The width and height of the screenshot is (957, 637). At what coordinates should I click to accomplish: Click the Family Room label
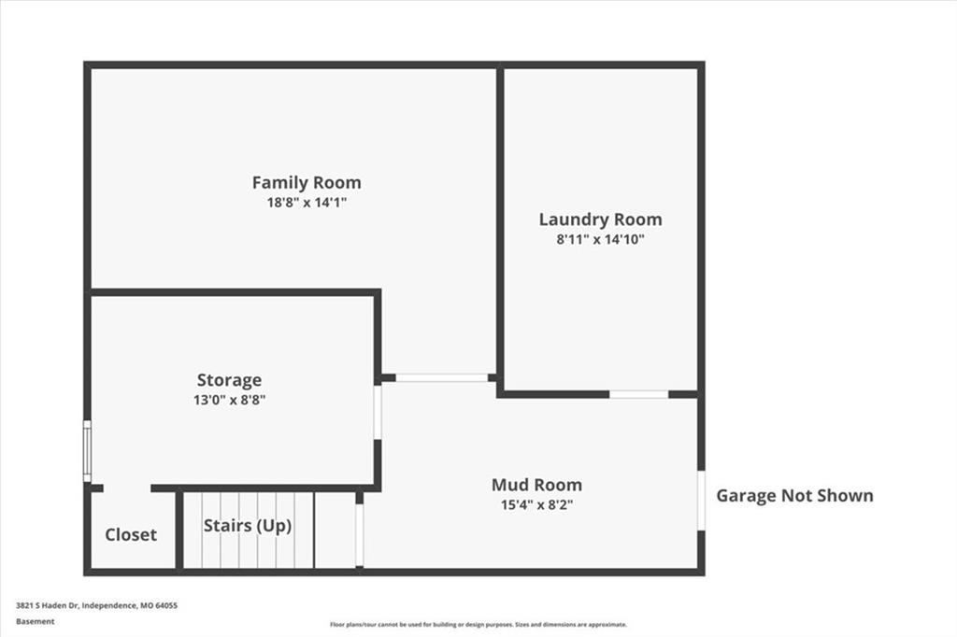pos(307,182)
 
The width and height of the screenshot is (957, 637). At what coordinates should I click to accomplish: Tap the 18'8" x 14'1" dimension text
pos(307,202)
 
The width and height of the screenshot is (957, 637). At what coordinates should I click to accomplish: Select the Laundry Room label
pos(601,219)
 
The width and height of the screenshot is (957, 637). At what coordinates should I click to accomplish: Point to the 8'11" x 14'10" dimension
pos(601,239)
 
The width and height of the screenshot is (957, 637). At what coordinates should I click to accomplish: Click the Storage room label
pos(230,380)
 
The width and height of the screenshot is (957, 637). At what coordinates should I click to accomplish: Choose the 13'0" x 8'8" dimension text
pos(230,400)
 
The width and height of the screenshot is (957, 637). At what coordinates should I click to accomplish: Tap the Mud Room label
pos(537,485)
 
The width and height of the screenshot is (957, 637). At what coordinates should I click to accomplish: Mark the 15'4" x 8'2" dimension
pos(537,504)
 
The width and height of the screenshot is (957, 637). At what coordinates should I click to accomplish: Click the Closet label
pos(131,535)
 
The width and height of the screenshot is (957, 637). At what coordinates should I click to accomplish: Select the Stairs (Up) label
pos(248,526)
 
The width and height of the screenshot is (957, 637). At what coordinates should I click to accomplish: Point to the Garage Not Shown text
pos(794,495)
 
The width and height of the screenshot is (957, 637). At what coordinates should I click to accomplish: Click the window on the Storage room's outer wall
pos(87,451)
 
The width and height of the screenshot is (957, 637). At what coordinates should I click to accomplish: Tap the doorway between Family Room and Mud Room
pos(442,377)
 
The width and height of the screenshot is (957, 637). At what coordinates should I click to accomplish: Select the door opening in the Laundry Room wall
pos(639,394)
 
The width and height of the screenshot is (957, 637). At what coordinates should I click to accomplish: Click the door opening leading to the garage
pos(701,501)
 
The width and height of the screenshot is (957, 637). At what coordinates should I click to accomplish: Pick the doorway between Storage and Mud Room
pos(378,412)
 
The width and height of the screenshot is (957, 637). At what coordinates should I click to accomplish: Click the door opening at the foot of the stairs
pos(360,535)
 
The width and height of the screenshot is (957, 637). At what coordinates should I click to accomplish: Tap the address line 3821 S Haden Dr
pos(96,605)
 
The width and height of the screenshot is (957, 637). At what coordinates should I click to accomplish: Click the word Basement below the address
pos(35,621)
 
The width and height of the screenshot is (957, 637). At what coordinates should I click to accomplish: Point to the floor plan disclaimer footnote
pos(478,624)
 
